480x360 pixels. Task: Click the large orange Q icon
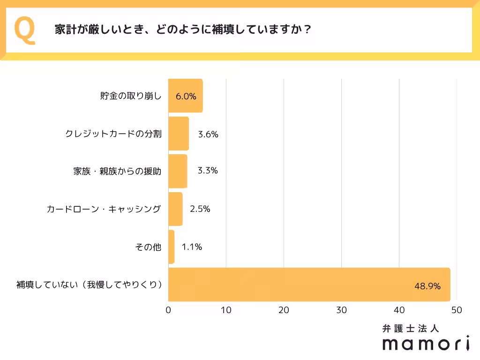pyautogui.click(x=25, y=30)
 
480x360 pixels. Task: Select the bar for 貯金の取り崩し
pyautogui.click(x=185, y=96)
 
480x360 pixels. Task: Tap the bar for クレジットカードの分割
pyautogui.click(x=179, y=134)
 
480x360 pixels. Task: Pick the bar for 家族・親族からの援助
pyautogui.click(x=178, y=171)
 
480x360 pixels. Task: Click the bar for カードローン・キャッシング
pyautogui.click(x=175, y=209)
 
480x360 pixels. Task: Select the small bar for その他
pyautogui.click(x=172, y=247)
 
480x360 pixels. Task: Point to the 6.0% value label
pyautogui.click(x=186, y=97)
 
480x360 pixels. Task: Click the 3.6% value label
pyautogui.click(x=208, y=134)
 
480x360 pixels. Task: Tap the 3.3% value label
pyautogui.click(x=208, y=171)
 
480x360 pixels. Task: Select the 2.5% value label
pyautogui.click(x=200, y=209)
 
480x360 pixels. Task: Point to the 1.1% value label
pyautogui.click(x=192, y=247)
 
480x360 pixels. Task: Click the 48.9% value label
pyautogui.click(x=427, y=286)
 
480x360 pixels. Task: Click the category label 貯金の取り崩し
pyautogui.click(x=131, y=96)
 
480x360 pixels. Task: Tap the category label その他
pyautogui.click(x=148, y=247)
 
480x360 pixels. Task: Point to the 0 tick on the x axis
pyautogui.click(x=169, y=310)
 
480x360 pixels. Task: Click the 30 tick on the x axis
pyautogui.click(x=342, y=310)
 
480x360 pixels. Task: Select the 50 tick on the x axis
pyautogui.click(x=457, y=310)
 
